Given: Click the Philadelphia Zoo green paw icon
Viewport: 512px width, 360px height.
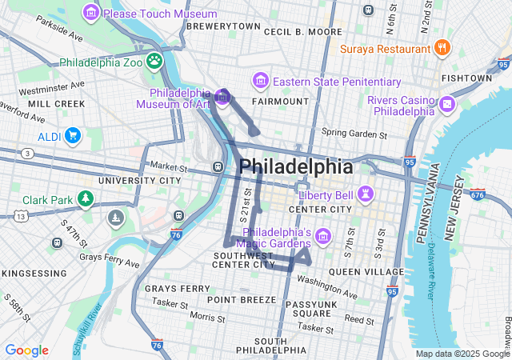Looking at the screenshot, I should pyautogui.click(x=154, y=61).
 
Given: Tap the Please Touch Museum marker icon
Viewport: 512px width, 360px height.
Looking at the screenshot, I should pyautogui.click(x=91, y=14).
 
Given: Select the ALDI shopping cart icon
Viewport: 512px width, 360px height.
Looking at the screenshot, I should pyautogui.click(x=73, y=136).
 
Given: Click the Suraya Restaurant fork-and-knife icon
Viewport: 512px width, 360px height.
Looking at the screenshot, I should pyautogui.click(x=441, y=48).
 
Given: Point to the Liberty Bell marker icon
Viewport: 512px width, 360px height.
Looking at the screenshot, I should pyautogui.click(x=366, y=194).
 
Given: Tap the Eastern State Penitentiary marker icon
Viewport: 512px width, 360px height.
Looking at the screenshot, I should pyautogui.click(x=261, y=82).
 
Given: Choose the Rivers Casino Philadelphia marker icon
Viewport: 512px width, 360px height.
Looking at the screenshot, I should pyautogui.click(x=446, y=105).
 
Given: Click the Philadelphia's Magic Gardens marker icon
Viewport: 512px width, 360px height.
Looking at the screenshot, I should pyautogui.click(x=322, y=236).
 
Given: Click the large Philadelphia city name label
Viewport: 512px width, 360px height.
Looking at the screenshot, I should pyautogui.click(x=295, y=167).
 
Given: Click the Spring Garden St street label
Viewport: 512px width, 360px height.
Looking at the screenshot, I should pyautogui.click(x=354, y=132).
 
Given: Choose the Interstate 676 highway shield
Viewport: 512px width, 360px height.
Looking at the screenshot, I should pyautogui.click(x=478, y=194).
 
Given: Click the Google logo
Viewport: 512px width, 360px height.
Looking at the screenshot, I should pyautogui.click(x=26, y=350).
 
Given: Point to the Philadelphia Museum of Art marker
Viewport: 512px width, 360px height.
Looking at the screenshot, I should pyautogui.click(x=222, y=98).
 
